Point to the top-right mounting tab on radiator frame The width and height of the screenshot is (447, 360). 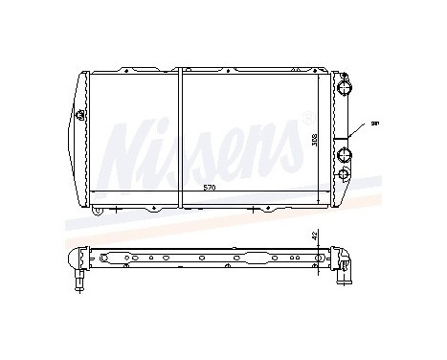tap(316, 68)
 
